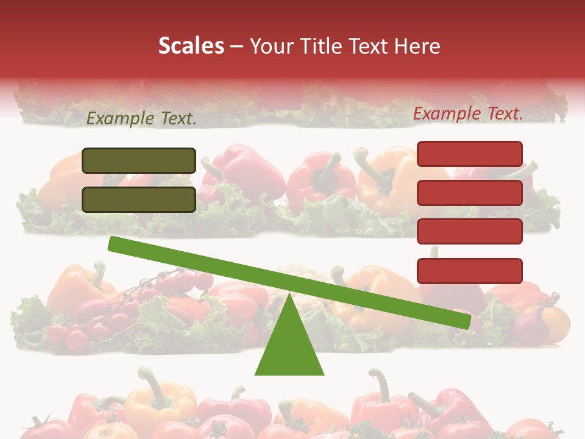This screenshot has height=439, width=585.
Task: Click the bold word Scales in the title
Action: (x=191, y=46)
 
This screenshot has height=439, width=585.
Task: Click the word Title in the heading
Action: (x=325, y=46)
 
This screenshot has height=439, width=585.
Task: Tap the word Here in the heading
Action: (x=417, y=46)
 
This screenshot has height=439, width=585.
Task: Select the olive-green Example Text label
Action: (x=141, y=120)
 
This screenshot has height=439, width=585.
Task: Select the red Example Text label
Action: (x=468, y=113)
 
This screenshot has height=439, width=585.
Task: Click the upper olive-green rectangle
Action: (x=139, y=160)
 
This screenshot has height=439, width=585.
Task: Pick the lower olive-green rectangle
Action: (x=139, y=199)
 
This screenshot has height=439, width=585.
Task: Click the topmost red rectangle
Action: (x=469, y=154)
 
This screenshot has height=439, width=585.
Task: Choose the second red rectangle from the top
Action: (x=469, y=193)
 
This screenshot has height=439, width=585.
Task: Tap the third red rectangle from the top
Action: (x=469, y=232)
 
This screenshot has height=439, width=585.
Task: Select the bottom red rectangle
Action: (x=469, y=271)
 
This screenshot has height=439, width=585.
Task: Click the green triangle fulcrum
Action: (x=289, y=344)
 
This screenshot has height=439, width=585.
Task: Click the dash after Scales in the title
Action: (x=237, y=47)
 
